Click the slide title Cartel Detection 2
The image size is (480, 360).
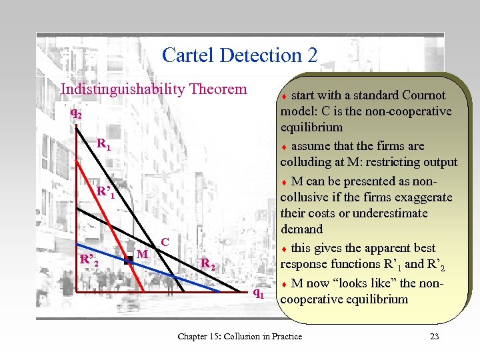pyautogui.click(x=239, y=55)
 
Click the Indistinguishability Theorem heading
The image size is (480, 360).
pyautogui.click(x=153, y=89)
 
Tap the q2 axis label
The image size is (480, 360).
pyautogui.click(x=77, y=114)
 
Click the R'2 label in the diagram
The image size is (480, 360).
pyautogui.click(x=89, y=259)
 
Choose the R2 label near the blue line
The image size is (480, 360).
pyautogui.click(x=208, y=264)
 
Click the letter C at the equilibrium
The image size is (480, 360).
pyautogui.click(x=165, y=241)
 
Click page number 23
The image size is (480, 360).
pyautogui.click(x=434, y=336)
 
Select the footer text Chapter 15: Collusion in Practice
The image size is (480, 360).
pyautogui.click(x=239, y=336)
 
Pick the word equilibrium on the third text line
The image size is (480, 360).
pyautogui.click(x=312, y=127)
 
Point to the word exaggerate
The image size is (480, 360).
pyautogui.click(x=421, y=197)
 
